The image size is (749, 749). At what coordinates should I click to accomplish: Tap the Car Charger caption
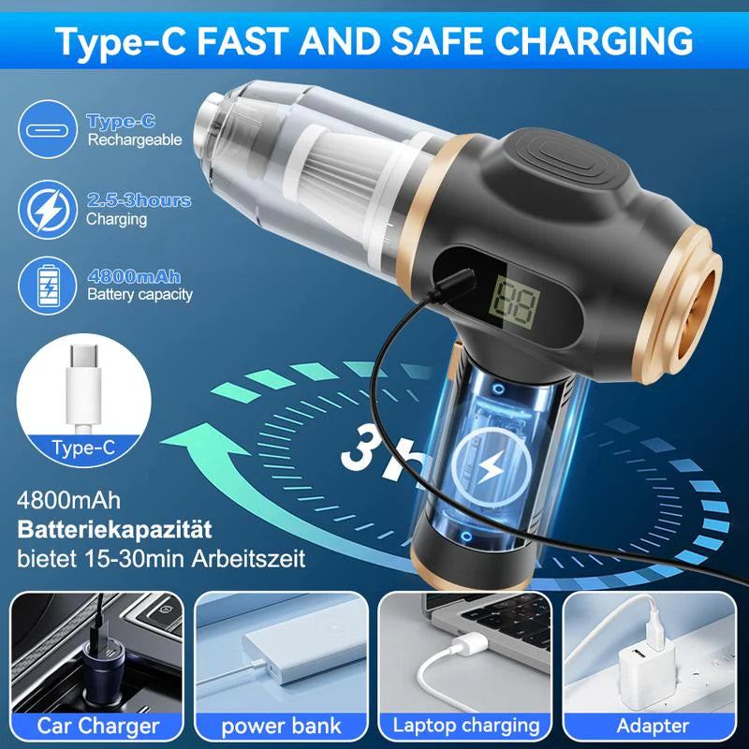97,725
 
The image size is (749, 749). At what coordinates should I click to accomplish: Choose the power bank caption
282,725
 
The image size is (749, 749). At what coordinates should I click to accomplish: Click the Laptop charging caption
466,725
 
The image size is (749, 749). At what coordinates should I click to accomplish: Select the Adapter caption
653,725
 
